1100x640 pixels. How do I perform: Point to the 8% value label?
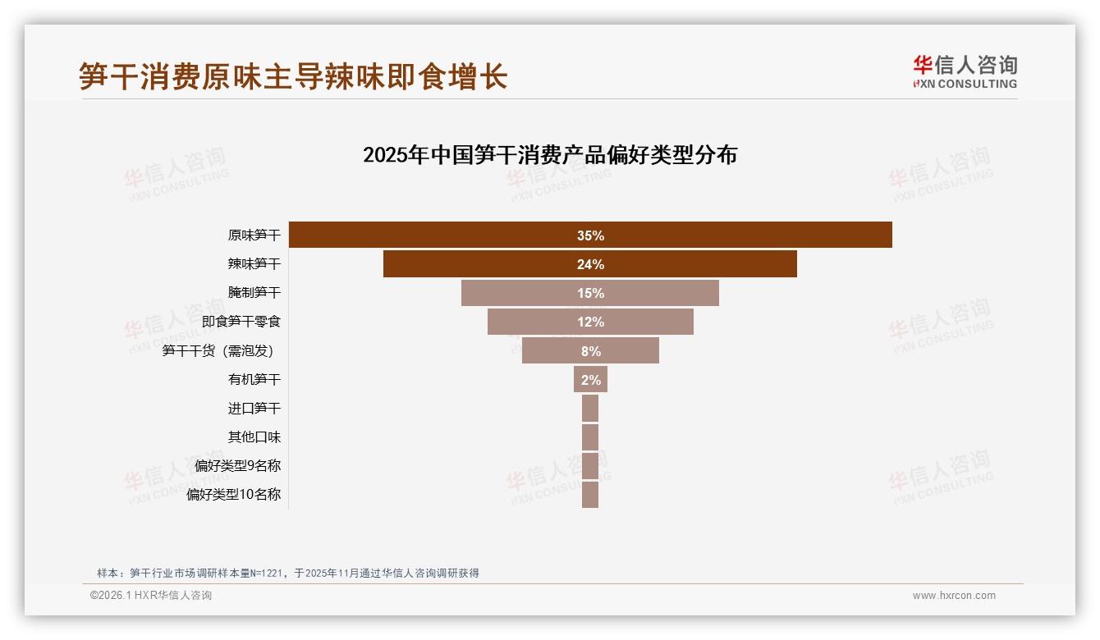[x=590, y=351]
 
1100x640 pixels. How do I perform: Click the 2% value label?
[x=590, y=380]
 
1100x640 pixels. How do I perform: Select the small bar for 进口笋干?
[x=590, y=409]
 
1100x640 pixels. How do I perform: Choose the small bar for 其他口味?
[x=590, y=437]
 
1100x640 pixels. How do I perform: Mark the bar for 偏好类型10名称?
[x=590, y=495]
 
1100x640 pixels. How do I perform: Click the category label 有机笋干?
[x=254, y=380]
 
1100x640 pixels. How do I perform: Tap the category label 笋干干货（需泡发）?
[x=218, y=351]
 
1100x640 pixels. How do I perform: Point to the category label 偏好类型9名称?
[x=238, y=466]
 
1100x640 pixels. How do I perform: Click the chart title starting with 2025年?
[x=550, y=155]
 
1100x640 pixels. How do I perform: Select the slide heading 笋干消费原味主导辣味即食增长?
[x=293, y=77]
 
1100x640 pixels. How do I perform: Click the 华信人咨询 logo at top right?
[x=965, y=71]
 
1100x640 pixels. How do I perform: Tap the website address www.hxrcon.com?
[x=954, y=596]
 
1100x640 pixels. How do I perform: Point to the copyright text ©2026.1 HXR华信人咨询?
[x=151, y=596]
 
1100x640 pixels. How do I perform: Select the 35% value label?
[x=590, y=235]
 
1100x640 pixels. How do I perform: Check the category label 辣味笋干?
[x=254, y=264]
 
